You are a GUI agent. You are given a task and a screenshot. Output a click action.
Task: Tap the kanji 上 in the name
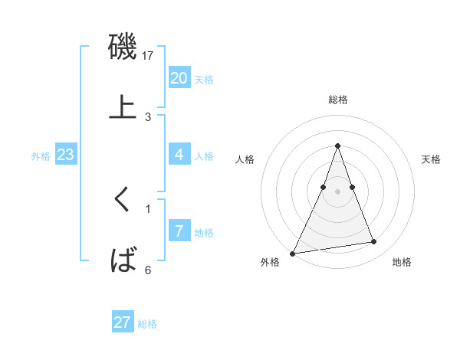pos(123,107)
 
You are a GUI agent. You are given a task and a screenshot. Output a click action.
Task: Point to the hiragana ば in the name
pos(123,260)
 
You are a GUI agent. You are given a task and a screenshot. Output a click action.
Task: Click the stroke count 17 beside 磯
pos(149,56)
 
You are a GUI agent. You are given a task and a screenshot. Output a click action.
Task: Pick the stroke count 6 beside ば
pos(148,270)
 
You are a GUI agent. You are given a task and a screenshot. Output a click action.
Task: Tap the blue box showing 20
pos(179,78)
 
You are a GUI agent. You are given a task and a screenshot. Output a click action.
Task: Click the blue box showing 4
pos(179,155)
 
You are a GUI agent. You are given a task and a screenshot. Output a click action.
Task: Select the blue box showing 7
pos(179,231)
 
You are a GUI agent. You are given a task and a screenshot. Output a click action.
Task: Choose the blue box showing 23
pos(65,155)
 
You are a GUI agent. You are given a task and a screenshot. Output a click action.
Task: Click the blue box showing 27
pos(123,322)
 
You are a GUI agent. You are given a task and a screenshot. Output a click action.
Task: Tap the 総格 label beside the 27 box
pos(147,324)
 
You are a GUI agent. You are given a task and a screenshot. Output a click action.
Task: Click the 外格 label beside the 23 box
pos(41,156)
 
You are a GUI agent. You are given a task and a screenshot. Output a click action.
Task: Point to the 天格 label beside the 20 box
pos(203,80)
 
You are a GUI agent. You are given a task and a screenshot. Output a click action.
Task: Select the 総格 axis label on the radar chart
pos(338,100)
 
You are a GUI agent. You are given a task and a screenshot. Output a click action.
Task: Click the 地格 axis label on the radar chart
pos(402,263)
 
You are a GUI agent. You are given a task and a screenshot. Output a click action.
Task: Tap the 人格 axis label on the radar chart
pos(245,159)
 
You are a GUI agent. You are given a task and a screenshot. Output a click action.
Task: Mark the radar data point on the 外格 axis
pos(293,253)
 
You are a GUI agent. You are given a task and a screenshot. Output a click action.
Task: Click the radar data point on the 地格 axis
pos(374,242)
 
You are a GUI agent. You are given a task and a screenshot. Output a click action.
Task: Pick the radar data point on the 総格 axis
pos(338,146)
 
